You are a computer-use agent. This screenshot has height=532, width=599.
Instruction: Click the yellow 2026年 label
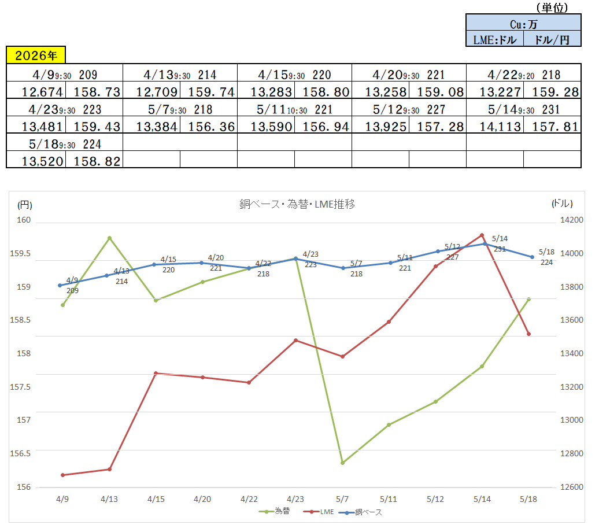[36, 55]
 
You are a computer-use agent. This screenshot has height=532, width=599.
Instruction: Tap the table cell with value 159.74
[209, 91]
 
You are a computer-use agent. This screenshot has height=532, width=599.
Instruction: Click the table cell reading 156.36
[209, 126]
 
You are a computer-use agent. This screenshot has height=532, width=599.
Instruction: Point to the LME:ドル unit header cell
[495, 39]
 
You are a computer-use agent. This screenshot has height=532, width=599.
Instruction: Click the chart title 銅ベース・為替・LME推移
[297, 204]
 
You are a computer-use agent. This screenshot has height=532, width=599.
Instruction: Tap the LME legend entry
[319, 512]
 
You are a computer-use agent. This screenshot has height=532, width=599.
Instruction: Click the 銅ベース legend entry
[360, 512]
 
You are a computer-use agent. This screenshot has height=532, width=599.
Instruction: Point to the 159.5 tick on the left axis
[20, 253]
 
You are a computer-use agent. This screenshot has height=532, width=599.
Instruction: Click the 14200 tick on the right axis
[571, 220]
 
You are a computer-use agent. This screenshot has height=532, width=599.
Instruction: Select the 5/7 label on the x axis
[342, 498]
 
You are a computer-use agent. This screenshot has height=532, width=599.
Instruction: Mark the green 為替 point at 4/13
[110, 238]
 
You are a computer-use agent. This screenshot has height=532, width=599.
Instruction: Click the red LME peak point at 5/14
[482, 235]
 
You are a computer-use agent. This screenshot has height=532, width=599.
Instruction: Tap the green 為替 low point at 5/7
[343, 463]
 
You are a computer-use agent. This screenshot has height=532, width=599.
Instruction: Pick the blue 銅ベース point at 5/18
[532, 257]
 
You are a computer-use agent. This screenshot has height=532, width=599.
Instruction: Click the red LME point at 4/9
[62, 475]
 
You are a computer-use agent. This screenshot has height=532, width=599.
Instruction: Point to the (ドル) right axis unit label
[562, 204]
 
